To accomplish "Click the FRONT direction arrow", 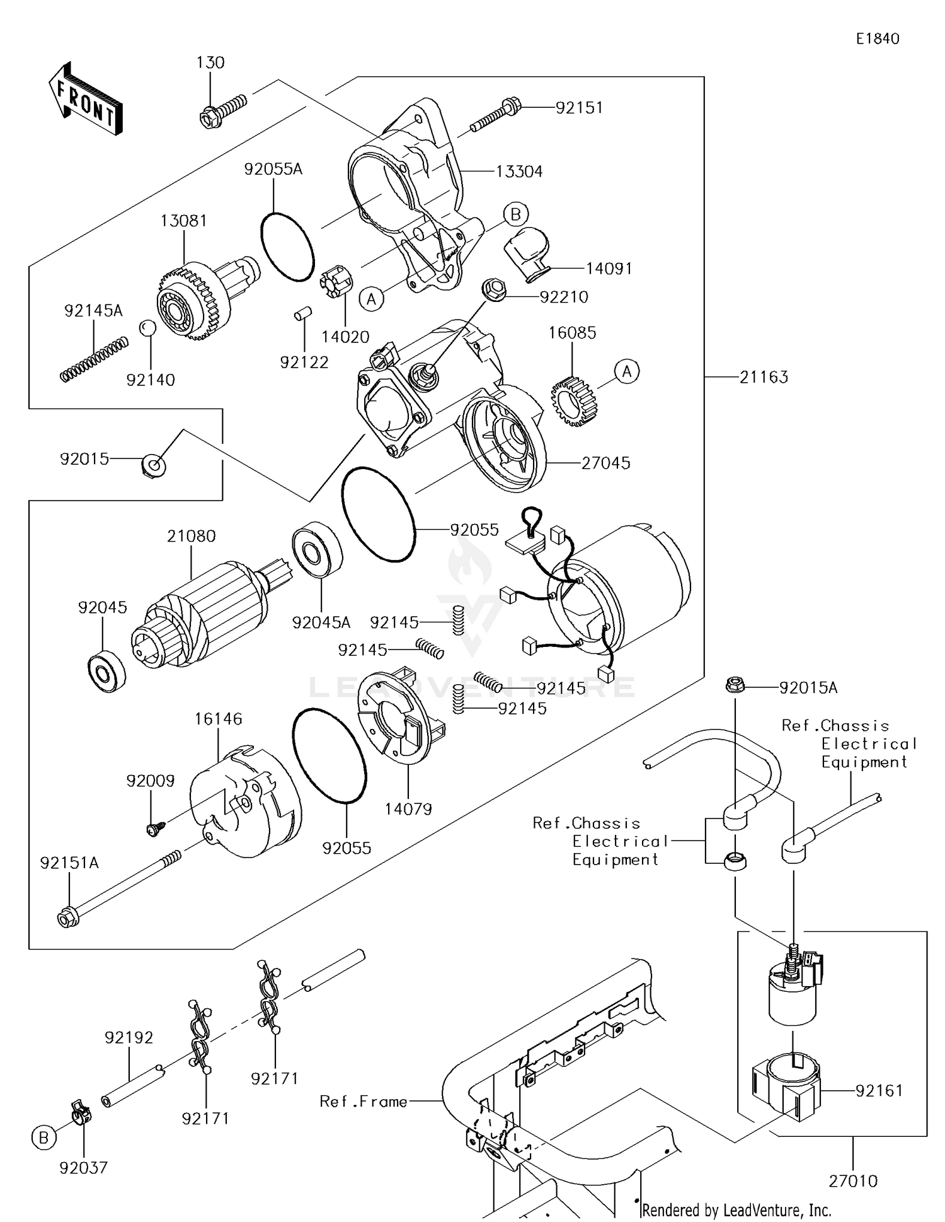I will tap(86, 100).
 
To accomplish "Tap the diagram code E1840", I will tap(877, 39).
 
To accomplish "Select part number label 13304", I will tap(518, 172).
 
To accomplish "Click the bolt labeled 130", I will tap(222, 110).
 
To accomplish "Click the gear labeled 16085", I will tap(573, 401).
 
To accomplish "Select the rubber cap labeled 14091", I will tap(527, 251).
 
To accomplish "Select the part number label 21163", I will tap(764, 377).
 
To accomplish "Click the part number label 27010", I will tap(852, 1180).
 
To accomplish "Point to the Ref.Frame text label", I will tap(364, 1101).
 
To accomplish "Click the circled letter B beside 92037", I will tap(43, 1138).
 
